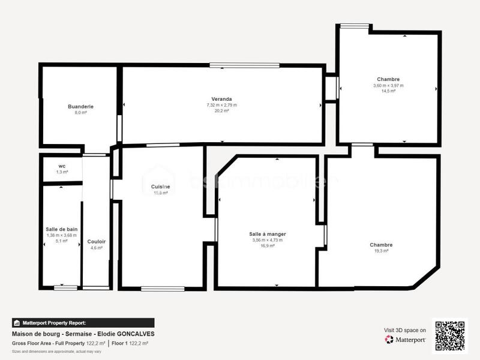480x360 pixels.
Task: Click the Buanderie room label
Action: pyautogui.click(x=80, y=106)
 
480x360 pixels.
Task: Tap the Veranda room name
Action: pyautogui.click(x=221, y=99)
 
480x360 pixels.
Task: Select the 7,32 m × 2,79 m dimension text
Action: pyautogui.click(x=221, y=105)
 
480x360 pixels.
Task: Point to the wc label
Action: pyautogui.click(x=62, y=166)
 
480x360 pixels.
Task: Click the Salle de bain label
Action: pyautogui.click(x=61, y=229)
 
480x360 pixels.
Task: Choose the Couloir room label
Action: pyautogui.click(x=96, y=241)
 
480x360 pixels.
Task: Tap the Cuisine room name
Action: pyautogui.click(x=160, y=187)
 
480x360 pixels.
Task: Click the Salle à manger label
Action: pyautogui.click(x=267, y=234)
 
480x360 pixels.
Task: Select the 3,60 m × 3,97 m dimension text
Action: pyautogui.click(x=388, y=85)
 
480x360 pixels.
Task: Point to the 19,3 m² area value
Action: pyautogui.click(x=381, y=251)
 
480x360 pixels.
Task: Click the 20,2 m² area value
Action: pyautogui.click(x=221, y=111)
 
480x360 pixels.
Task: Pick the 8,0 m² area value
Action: pyautogui.click(x=80, y=112)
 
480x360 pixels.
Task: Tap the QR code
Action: pyautogui.click(x=449, y=336)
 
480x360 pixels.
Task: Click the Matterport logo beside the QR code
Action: pyautogui.click(x=406, y=340)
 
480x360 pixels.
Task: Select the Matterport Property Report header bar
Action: pyautogui.click(x=83, y=323)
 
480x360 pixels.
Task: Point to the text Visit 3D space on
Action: pyautogui.click(x=405, y=330)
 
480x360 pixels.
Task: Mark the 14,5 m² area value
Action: pyautogui.click(x=388, y=91)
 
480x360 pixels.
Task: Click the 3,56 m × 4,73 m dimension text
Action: pyautogui.click(x=267, y=240)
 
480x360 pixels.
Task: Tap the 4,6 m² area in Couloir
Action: pyautogui.click(x=96, y=247)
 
